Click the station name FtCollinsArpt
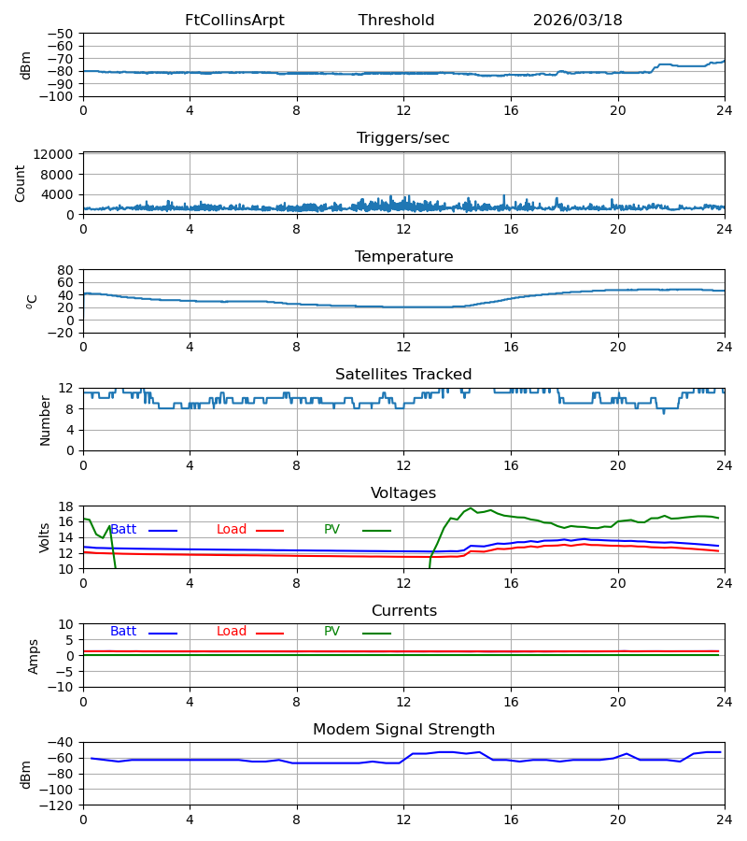pos(234,21)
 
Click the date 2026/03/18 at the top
pos(577,21)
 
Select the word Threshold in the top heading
pos(396,21)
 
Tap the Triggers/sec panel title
pos(403,138)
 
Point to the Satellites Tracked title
pos(403,375)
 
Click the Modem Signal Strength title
pos(403,730)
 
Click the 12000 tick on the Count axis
pos(53,154)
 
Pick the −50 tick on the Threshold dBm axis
pos(61,34)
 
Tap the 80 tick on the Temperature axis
pos(65,270)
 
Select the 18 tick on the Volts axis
pos(65,506)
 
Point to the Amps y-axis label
pos(34,657)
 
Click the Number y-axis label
pos(45,421)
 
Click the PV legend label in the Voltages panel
pos(331,530)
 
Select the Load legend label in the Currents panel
pos(232,632)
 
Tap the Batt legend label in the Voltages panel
pos(123,530)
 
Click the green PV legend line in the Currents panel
pos(376,634)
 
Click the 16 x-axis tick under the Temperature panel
pos(511,347)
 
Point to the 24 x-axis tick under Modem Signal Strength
pos(725,820)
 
